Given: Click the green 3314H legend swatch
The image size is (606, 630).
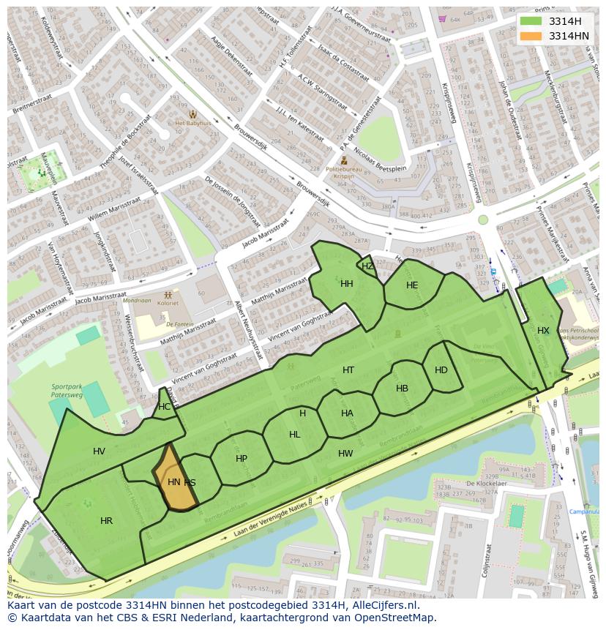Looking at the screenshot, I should (531, 21).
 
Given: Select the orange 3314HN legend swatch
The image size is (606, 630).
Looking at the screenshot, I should (531, 36).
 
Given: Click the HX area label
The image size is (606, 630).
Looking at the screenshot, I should (543, 331).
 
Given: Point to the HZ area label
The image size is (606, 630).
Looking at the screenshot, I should (367, 266).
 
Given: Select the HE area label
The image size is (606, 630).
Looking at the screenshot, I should (412, 285).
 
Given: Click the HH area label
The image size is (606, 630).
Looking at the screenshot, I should (347, 284).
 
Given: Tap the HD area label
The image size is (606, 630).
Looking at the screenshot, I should (441, 370).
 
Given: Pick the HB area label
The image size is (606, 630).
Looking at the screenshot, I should (402, 389).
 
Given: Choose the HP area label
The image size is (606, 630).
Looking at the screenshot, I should (242, 459).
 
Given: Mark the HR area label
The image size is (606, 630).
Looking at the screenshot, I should (107, 521).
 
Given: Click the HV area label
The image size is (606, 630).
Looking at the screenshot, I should (100, 451).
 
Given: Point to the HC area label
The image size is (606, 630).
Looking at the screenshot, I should (165, 407).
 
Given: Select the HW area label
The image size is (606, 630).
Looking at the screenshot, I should (345, 454).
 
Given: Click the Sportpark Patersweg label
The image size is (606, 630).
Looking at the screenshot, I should (67, 391).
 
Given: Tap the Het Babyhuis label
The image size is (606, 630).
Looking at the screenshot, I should (192, 124).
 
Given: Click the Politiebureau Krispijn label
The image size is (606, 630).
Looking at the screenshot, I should (343, 173).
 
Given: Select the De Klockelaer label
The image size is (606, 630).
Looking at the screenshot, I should (486, 484).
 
